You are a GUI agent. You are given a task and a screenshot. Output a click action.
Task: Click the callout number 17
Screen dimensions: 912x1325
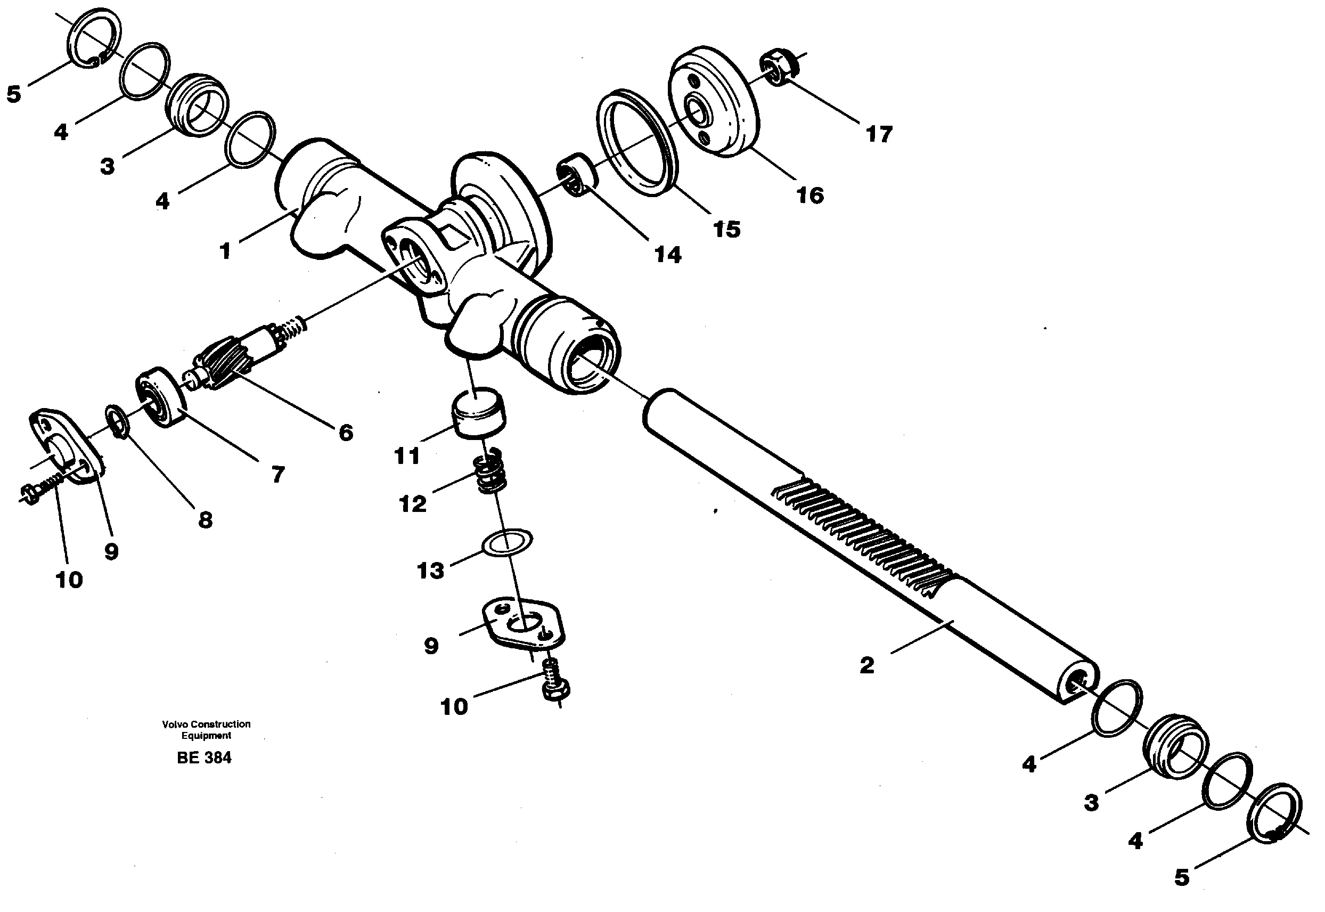[x=879, y=135]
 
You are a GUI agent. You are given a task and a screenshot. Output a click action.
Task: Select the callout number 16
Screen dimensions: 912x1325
[x=810, y=196]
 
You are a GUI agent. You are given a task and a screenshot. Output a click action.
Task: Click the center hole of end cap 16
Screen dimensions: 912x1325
[x=697, y=110]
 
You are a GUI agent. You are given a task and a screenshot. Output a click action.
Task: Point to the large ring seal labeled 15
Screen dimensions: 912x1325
[x=637, y=142]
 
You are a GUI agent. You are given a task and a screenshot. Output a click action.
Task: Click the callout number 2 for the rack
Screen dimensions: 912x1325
[x=866, y=665]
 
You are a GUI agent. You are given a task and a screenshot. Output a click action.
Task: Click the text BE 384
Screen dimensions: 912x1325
[x=204, y=758]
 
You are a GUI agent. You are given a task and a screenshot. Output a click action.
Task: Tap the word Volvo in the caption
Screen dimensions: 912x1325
[x=174, y=724]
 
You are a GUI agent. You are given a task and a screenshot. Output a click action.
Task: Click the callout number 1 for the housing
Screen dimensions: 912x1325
[x=226, y=251]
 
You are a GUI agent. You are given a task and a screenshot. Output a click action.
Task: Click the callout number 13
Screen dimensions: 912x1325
[x=430, y=571]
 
